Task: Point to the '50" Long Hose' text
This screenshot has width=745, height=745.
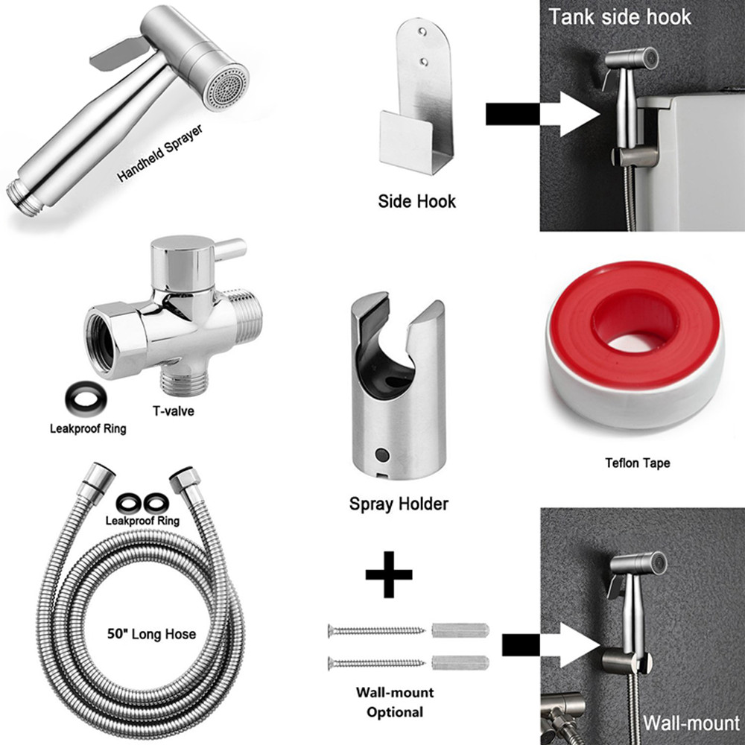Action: pyautogui.click(x=152, y=634)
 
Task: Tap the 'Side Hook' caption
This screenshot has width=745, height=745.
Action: pyautogui.click(x=416, y=200)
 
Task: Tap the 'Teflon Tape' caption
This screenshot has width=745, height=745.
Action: pyautogui.click(x=636, y=463)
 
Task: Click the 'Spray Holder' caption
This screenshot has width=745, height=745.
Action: pyautogui.click(x=399, y=504)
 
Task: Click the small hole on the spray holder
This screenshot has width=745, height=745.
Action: pyautogui.click(x=383, y=454)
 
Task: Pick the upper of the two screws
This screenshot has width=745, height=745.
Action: pyautogui.click(x=375, y=630)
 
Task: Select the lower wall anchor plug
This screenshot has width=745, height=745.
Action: pyautogui.click(x=460, y=662)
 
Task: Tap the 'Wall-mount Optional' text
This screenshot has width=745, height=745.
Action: pyautogui.click(x=395, y=702)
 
